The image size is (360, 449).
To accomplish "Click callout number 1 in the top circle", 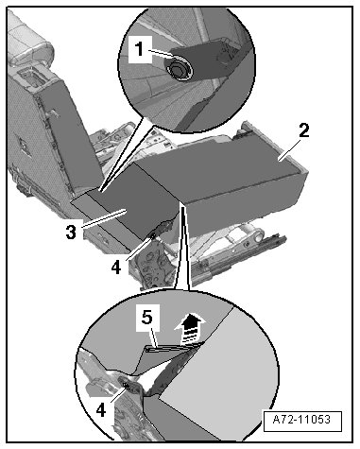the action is click(139, 49).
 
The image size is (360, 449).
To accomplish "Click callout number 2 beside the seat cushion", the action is click(304, 130).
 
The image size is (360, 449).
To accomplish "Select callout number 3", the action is click(71, 233).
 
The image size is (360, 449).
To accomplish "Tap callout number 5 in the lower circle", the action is click(147, 317).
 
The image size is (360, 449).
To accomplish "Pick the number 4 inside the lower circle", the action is click(100, 410).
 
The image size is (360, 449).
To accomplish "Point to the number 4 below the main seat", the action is click(115, 268).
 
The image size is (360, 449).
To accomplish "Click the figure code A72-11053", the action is click(302, 420).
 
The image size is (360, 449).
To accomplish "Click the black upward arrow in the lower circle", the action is click(190, 329).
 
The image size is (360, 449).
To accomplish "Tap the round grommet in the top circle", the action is click(179, 68).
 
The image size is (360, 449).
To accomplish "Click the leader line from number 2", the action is click(288, 151).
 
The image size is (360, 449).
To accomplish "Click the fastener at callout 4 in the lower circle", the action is click(127, 386).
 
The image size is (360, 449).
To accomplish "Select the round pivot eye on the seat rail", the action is click(259, 234).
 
